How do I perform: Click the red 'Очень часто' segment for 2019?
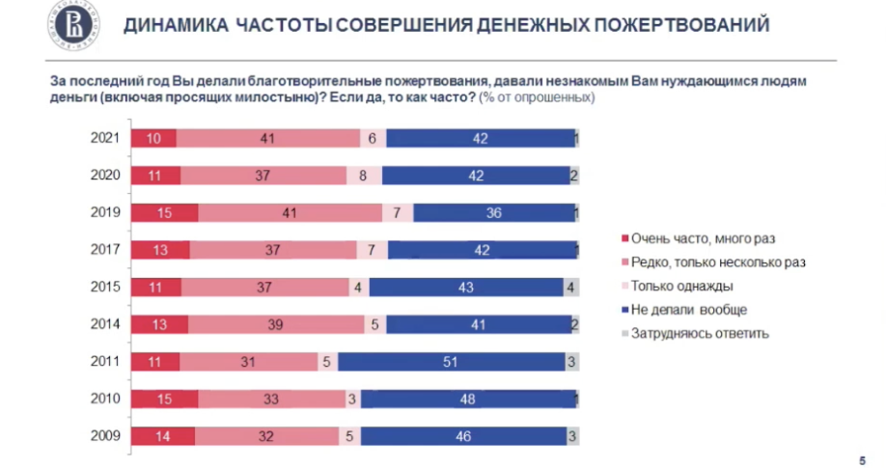(164, 212)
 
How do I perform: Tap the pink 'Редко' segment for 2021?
(267, 138)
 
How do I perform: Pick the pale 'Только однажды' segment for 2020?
(364, 176)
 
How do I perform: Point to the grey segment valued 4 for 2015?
(570, 288)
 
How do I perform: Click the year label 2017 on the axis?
(104, 250)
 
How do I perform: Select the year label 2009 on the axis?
(104, 436)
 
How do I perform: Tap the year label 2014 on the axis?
(104, 324)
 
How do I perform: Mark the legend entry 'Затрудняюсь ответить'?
(699, 334)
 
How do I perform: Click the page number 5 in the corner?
(862, 457)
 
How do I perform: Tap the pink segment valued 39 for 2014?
(276, 325)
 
